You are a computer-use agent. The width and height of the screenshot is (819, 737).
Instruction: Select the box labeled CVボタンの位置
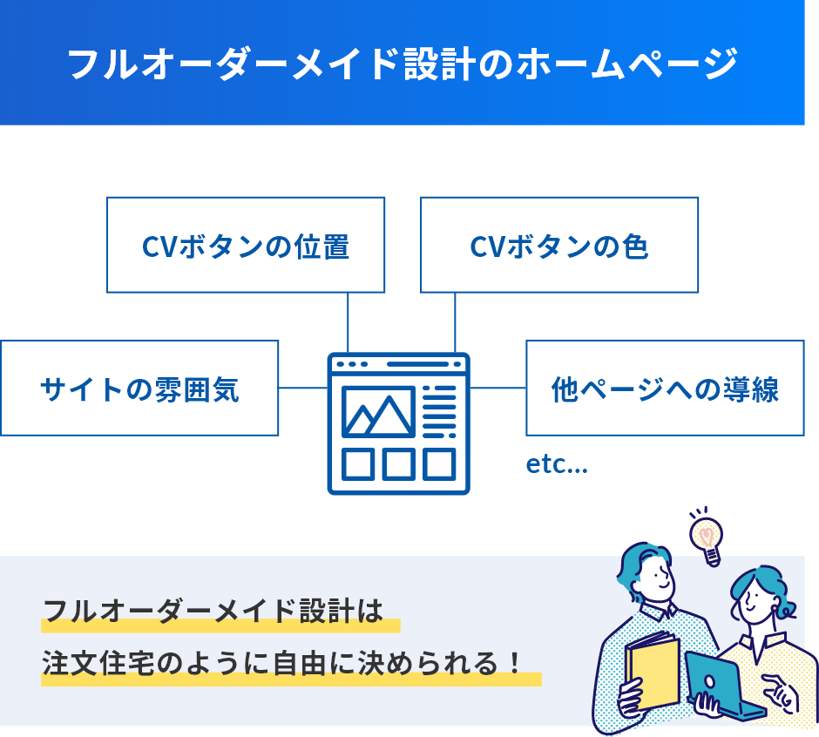(246, 245)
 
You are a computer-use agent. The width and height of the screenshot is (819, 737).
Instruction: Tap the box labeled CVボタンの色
(559, 245)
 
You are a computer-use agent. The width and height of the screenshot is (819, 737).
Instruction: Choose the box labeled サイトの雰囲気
(139, 388)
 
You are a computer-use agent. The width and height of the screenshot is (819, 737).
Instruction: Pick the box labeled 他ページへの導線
(665, 388)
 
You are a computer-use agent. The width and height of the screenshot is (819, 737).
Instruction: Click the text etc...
(557, 465)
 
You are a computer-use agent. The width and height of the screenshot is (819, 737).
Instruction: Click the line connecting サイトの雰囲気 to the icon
(303, 388)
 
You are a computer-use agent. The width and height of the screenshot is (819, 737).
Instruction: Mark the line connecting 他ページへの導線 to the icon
(497, 388)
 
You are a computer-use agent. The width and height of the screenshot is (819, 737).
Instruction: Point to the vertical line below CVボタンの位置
(349, 321)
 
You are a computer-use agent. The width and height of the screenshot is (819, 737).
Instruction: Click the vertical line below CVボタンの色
(455, 321)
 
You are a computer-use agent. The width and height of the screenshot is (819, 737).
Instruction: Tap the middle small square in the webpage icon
(398, 464)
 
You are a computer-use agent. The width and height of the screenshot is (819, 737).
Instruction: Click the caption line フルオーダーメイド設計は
(213, 611)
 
